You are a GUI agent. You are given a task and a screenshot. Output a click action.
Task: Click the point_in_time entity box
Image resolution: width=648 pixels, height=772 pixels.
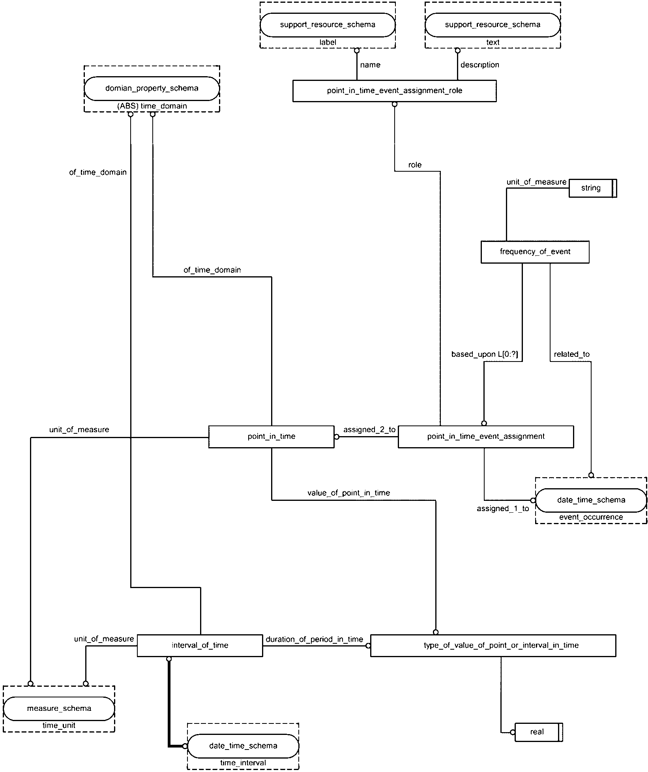(x=271, y=437)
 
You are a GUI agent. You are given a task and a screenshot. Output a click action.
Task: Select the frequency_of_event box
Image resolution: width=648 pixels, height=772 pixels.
(x=535, y=252)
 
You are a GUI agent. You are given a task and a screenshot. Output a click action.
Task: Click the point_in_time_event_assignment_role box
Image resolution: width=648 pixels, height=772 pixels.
(x=394, y=91)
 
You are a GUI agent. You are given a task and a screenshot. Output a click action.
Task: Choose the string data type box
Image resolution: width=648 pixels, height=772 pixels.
(x=593, y=188)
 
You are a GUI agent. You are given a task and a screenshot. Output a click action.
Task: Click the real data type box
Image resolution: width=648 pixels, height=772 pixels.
(x=539, y=732)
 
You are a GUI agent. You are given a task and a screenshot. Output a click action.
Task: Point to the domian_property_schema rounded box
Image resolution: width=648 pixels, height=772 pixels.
(x=152, y=88)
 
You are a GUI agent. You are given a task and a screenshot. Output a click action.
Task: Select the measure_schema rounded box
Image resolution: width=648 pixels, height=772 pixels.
(x=59, y=708)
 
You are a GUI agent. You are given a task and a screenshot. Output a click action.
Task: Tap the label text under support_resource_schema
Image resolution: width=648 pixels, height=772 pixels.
(x=328, y=42)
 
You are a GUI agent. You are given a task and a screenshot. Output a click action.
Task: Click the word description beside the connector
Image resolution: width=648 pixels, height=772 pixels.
(x=479, y=65)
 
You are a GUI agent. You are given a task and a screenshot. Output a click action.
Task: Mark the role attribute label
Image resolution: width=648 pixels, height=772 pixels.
(x=415, y=165)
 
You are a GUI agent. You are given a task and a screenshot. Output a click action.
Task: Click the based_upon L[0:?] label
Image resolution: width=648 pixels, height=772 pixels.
(x=485, y=354)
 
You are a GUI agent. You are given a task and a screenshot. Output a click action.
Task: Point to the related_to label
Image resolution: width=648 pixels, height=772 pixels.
(x=571, y=354)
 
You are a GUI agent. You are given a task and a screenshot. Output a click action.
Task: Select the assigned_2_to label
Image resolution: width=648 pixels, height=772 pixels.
(x=369, y=430)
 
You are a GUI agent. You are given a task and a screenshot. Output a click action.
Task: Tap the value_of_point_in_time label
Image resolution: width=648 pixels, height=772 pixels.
(x=348, y=493)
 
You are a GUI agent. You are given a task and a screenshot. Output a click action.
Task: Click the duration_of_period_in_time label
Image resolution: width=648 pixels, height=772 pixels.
(x=314, y=639)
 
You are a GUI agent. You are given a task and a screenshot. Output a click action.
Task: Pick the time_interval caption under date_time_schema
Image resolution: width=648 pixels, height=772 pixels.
(x=243, y=763)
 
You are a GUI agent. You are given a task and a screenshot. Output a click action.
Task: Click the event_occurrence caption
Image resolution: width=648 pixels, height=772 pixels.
(x=591, y=517)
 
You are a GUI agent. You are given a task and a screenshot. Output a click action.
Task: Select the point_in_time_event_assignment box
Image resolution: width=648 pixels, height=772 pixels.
(x=486, y=437)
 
